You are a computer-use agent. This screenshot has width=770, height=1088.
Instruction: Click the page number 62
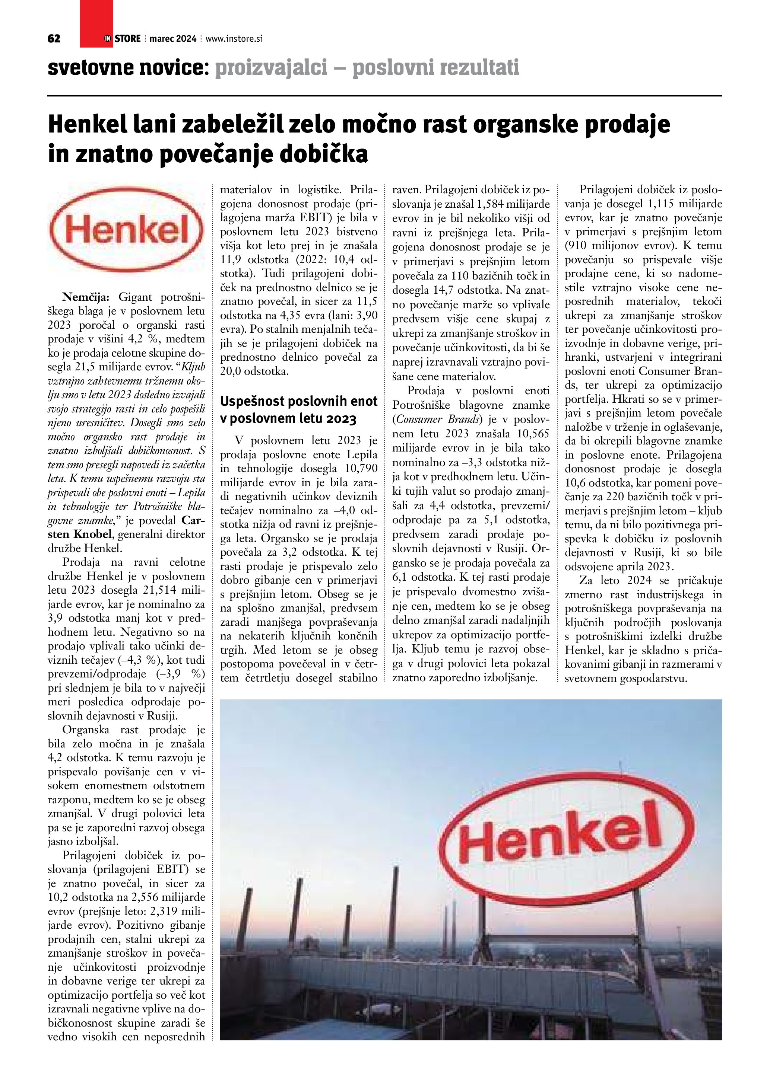point(54,39)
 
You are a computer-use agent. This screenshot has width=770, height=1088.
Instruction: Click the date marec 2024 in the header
point(172,39)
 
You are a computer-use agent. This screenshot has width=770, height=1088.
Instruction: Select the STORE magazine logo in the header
point(123,39)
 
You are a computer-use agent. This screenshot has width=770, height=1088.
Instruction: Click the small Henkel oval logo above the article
point(127,231)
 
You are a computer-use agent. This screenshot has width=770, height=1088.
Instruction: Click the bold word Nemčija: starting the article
point(86,297)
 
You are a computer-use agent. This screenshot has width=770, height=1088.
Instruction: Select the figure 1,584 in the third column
point(494,204)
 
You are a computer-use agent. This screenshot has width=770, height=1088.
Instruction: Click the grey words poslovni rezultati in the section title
point(436,68)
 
